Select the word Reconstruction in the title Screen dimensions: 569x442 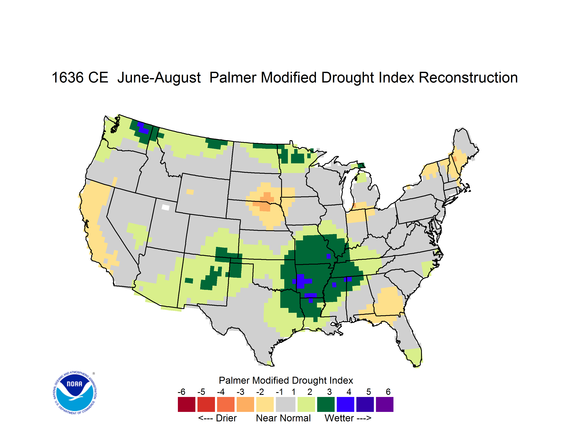468,77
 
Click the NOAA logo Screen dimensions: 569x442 75,393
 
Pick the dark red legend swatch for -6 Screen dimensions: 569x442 187,404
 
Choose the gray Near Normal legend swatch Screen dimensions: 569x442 286,404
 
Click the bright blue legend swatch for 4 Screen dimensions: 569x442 345,404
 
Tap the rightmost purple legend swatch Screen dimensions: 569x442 385,404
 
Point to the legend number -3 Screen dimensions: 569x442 240,392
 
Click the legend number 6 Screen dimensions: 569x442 388,392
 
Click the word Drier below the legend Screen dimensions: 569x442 226,418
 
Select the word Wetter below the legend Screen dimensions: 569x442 339,418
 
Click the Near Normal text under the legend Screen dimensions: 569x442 283,418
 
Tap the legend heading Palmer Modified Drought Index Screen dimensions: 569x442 286,380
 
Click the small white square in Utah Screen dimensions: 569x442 165,207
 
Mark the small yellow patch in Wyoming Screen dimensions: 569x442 190,192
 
